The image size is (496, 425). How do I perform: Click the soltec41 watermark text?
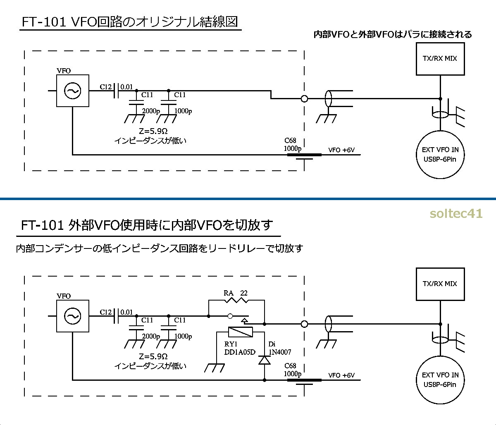coord(455,214)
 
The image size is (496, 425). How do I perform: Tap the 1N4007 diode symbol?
coord(264,360)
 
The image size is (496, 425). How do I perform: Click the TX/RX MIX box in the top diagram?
coord(440,58)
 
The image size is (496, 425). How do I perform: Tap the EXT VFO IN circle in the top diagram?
coord(440,155)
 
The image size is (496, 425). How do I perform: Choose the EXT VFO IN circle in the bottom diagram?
coord(440,380)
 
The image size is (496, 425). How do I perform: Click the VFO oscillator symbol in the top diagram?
coord(72,91)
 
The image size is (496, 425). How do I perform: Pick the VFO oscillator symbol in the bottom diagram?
coord(72,316)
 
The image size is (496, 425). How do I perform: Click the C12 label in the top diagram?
coord(106,87)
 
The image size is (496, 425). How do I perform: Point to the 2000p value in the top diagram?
coord(150,111)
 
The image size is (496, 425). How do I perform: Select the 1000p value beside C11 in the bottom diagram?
coord(183,337)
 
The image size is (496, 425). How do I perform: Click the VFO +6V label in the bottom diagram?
coord(341,375)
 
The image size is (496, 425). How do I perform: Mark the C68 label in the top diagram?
coord(290,141)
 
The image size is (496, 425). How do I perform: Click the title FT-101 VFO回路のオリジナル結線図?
coord(130,22)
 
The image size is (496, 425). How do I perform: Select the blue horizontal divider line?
coord(248,199)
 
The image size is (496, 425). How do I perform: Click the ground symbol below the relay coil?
coord(215,367)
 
